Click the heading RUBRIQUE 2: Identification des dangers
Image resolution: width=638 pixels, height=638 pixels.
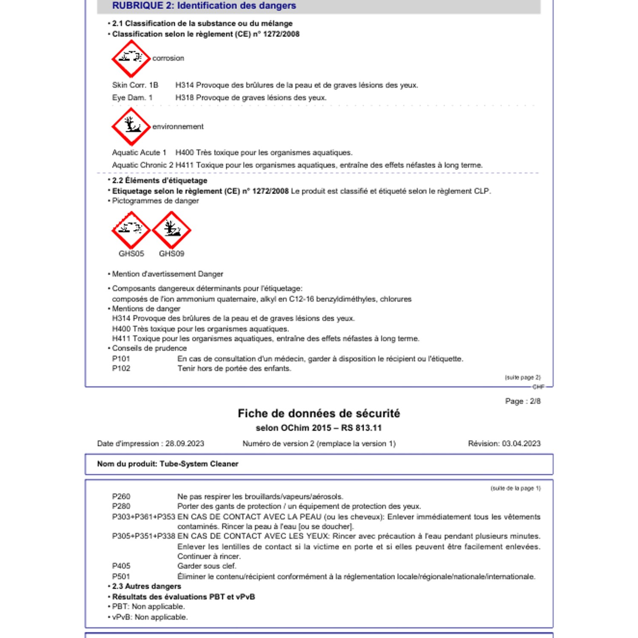(204, 6)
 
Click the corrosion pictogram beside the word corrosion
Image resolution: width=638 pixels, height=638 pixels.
(131, 59)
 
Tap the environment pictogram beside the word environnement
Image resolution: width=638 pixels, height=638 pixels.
(131, 126)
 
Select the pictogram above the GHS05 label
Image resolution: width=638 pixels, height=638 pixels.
(131, 230)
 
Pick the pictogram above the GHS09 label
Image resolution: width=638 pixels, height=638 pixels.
(171, 230)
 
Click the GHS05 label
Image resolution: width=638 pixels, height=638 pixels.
(131, 253)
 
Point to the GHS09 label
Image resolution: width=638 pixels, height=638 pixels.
(171, 253)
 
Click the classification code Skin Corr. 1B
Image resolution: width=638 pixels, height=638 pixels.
(135, 85)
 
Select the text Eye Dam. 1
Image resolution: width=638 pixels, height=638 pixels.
(132, 97)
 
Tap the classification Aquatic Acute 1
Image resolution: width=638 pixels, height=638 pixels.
(139, 152)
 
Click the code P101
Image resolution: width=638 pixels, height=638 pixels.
(121, 359)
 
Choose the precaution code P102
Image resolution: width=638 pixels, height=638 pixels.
(121, 368)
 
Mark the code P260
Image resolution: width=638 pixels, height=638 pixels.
(121, 496)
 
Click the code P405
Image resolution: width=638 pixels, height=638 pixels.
(121, 566)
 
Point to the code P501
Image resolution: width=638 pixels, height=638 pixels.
(121, 576)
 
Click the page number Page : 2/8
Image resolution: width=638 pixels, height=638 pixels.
(523, 401)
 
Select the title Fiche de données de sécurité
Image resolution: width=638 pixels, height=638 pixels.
(319, 413)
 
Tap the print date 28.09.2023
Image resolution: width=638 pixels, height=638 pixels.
(185, 444)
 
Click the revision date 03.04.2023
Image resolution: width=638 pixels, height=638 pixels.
(521, 444)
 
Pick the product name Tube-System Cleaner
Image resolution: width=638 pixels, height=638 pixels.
(199, 464)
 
